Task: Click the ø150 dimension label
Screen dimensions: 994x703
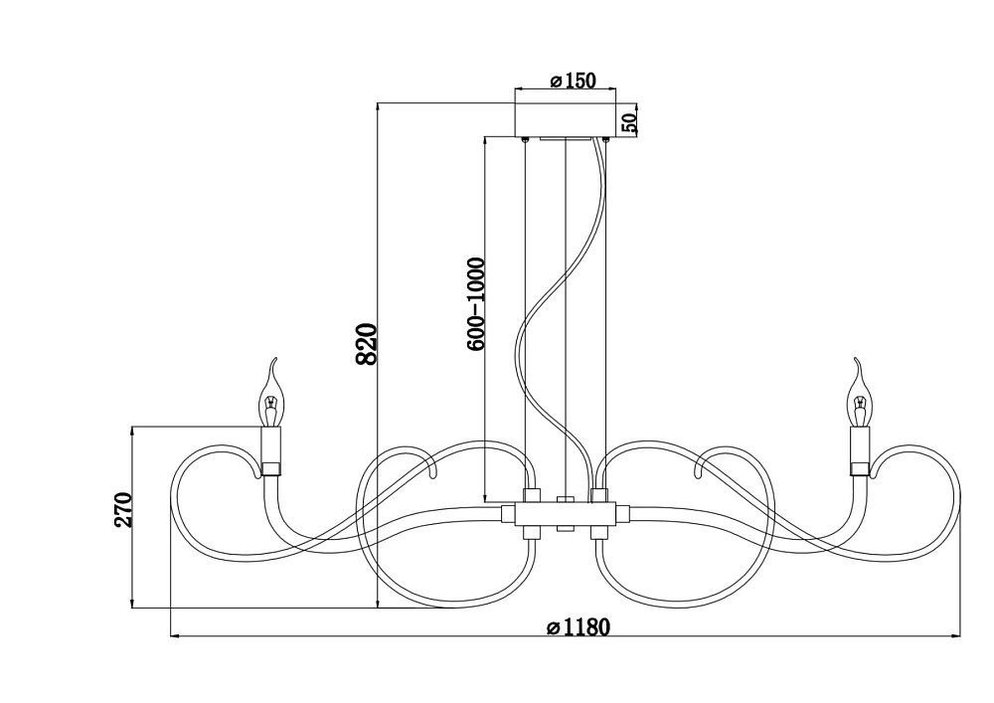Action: (574, 81)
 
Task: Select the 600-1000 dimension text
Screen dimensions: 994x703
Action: (475, 303)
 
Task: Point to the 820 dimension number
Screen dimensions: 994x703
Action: (367, 344)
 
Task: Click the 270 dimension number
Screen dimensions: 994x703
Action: (123, 510)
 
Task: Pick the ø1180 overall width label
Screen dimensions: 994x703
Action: (579, 626)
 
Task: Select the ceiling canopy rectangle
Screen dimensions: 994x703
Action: (565, 119)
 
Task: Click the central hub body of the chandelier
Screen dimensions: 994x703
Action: (566, 513)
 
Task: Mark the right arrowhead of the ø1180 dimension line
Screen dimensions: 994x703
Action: (953, 635)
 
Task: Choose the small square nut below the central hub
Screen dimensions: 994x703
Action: (565, 529)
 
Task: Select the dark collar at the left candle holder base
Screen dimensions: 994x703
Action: (271, 469)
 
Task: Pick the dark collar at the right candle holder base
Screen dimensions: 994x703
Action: (860, 469)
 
